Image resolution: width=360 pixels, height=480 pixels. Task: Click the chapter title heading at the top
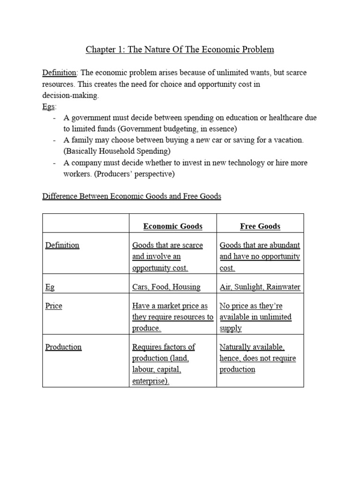point(180,49)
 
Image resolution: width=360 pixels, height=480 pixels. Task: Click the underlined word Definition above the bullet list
point(60,73)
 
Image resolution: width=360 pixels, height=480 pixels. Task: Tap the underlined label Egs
point(49,106)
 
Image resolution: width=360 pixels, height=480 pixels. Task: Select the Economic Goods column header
point(172,226)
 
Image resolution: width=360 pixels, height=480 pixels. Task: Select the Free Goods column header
point(260,226)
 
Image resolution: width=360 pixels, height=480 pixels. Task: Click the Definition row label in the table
point(62,245)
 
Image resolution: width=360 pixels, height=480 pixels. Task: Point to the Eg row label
point(50,287)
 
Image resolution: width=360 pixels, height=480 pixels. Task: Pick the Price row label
point(53,306)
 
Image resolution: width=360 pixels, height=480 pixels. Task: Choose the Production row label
point(63,347)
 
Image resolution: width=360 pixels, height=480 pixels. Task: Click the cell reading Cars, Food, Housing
point(166,287)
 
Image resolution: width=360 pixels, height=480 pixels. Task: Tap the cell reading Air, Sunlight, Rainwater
point(260,287)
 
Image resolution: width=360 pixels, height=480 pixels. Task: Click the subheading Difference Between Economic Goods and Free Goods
point(132,196)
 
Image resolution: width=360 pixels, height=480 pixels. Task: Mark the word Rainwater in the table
point(283,287)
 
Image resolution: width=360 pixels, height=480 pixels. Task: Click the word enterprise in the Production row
point(150,381)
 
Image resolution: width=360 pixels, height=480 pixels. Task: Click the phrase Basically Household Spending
point(117,151)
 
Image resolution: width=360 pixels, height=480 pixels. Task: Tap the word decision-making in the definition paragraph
point(70,95)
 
